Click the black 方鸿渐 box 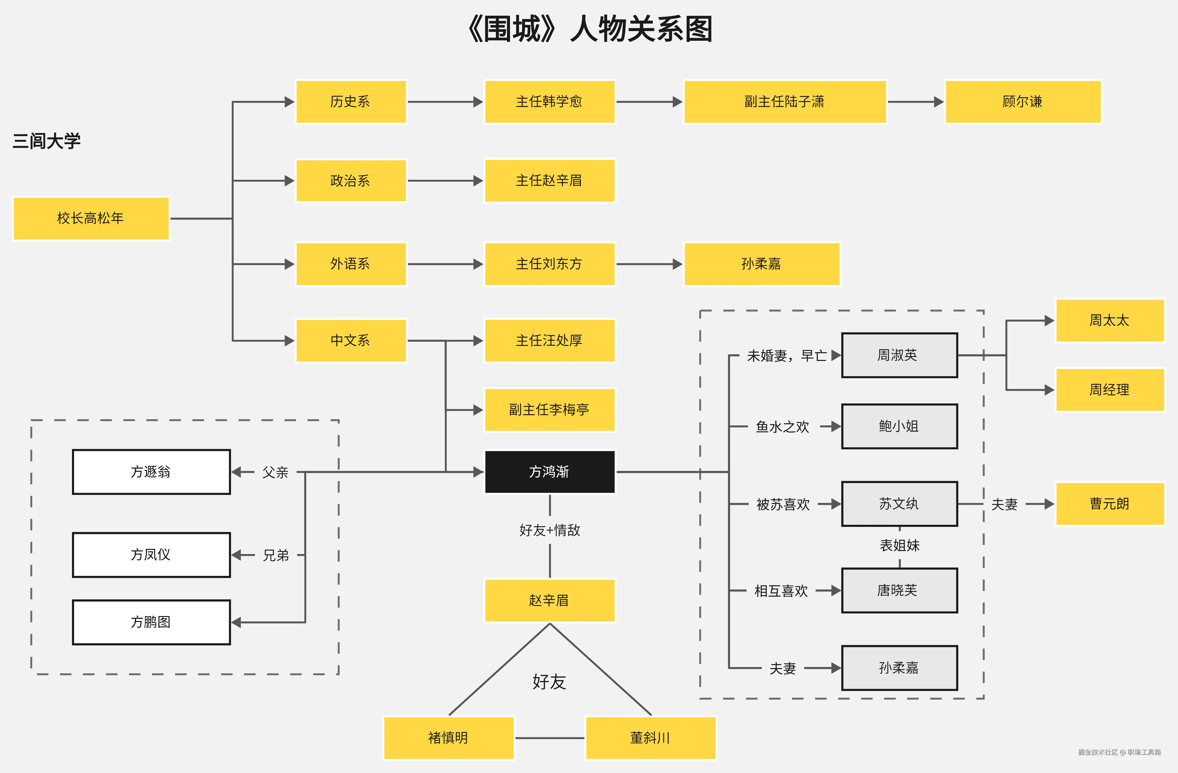(x=549, y=472)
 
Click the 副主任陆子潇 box (x=784, y=101)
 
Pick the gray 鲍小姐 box (x=899, y=426)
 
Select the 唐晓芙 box (x=899, y=590)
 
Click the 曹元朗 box (x=1110, y=504)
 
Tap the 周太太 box (x=1110, y=320)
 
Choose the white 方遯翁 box (x=151, y=472)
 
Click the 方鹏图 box (x=151, y=622)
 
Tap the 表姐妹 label (x=899, y=545)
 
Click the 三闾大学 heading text (x=47, y=141)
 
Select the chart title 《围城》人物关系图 (x=589, y=29)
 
